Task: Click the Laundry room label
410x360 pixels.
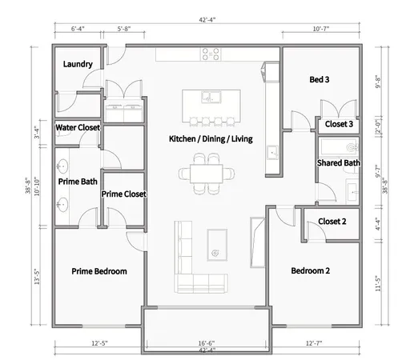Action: (77, 65)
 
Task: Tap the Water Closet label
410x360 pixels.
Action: (78, 128)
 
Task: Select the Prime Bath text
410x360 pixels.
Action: (78, 182)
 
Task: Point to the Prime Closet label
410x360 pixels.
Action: (123, 194)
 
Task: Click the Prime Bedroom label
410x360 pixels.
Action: (99, 271)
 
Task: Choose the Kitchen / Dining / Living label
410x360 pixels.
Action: (211, 139)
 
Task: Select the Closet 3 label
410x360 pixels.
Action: (340, 125)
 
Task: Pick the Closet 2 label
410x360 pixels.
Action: (332, 222)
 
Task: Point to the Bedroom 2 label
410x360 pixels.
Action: (310, 271)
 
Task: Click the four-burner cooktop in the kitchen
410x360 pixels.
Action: (211, 55)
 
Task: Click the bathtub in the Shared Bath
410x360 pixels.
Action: (336, 147)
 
